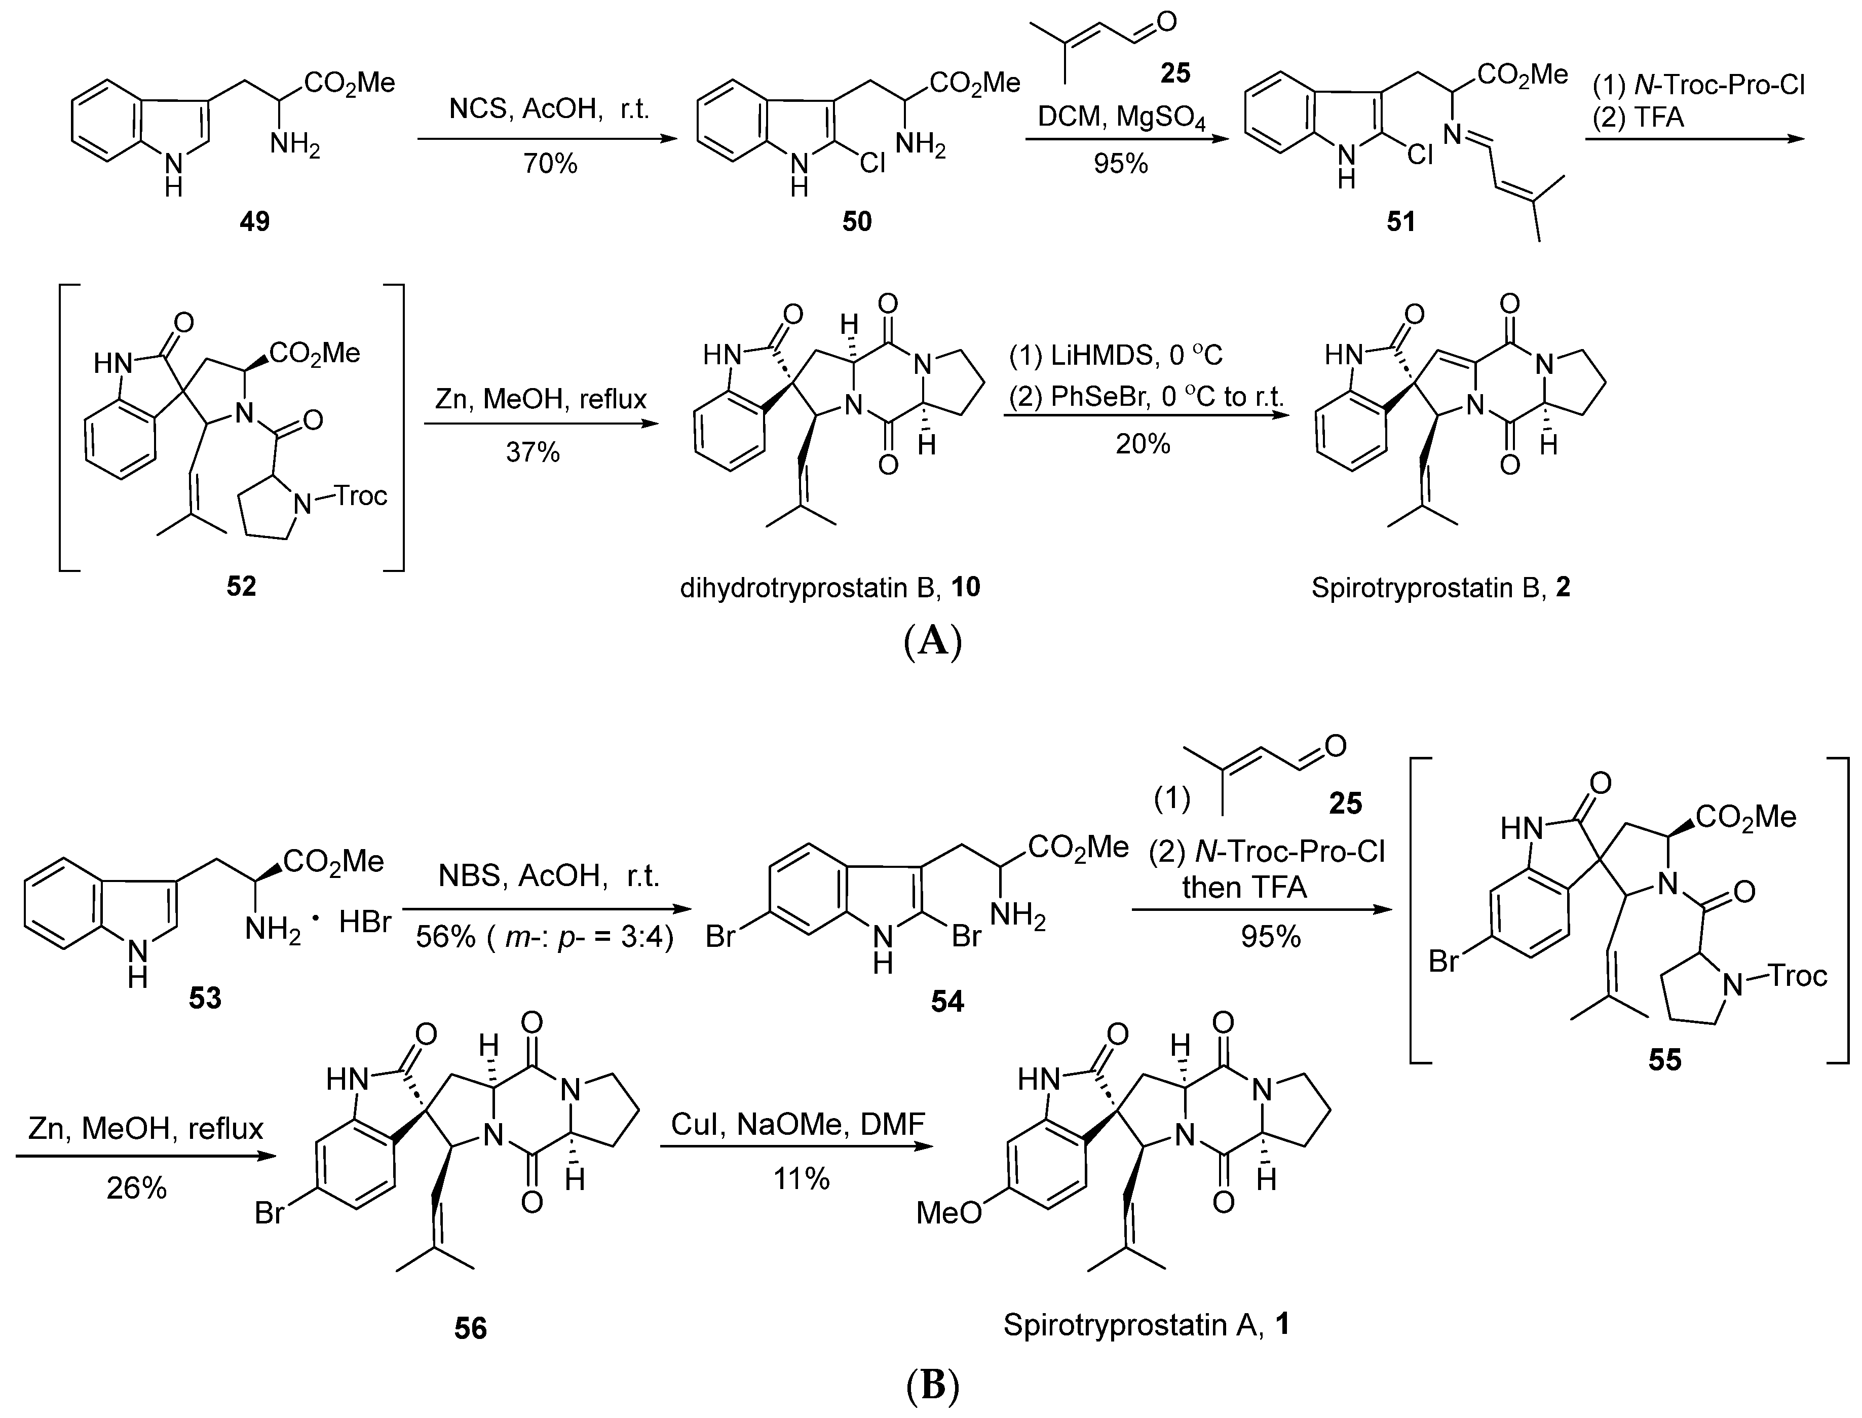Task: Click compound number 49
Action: (254, 221)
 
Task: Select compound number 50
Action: (857, 221)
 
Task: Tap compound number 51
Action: (1401, 221)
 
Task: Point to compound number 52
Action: (241, 585)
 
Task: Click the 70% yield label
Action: (550, 163)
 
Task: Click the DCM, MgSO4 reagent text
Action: (1121, 117)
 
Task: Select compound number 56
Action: (470, 1328)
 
